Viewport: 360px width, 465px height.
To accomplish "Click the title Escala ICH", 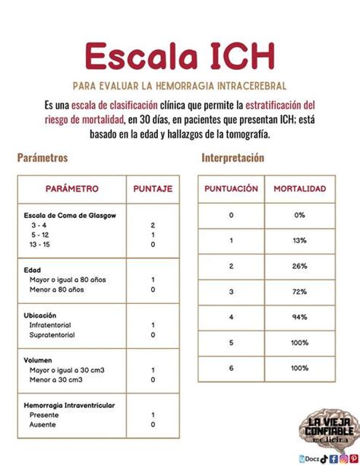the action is tap(179, 56).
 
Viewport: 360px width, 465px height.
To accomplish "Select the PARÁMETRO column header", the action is tap(71, 188).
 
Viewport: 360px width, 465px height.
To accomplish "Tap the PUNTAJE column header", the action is tap(153, 188).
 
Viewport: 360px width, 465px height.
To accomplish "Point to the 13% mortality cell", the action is tap(299, 241).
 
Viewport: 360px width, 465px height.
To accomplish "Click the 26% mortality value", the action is tap(299, 266).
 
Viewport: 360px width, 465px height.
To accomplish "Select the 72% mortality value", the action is tap(299, 292).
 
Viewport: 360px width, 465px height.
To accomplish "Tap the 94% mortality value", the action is tap(299, 317).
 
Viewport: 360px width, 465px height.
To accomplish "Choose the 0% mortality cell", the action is tap(299, 215).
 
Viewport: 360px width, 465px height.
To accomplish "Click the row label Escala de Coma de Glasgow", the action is tap(70, 217).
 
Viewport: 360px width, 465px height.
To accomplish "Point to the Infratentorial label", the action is tap(50, 324).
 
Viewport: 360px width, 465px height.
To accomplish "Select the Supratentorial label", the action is tap(52, 334).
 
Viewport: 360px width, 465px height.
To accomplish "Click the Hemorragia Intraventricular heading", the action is tap(69, 406).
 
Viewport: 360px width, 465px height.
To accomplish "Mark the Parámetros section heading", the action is tap(43, 158).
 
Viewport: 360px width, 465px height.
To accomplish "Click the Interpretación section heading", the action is tap(232, 158).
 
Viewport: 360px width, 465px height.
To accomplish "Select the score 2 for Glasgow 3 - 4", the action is tap(153, 226).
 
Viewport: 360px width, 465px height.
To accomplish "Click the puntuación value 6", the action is tap(231, 368).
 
